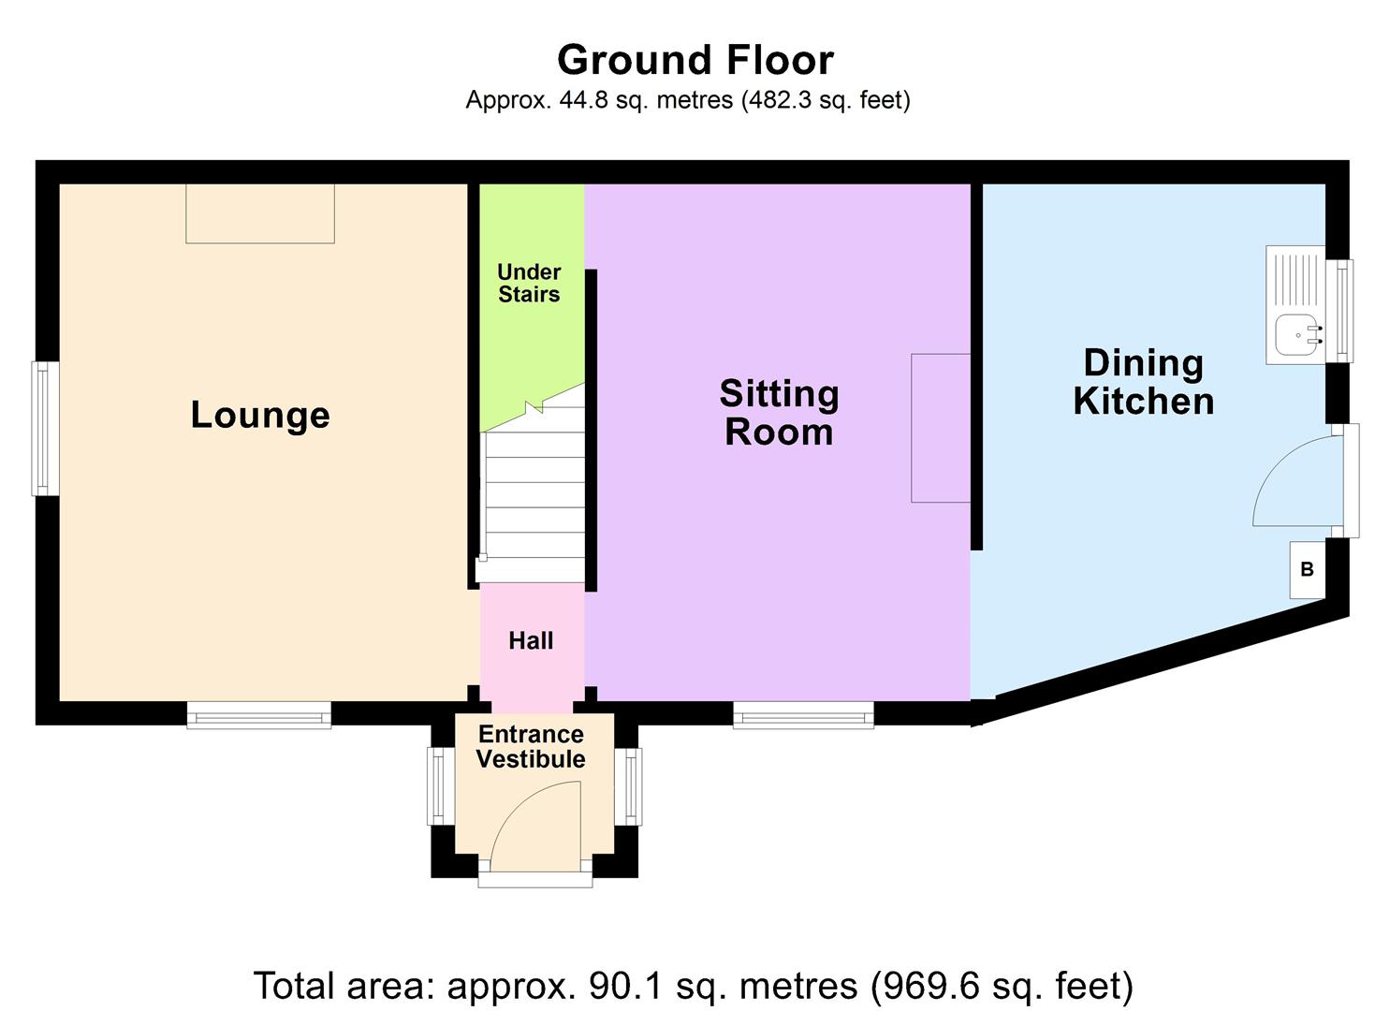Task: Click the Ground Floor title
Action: [x=695, y=60]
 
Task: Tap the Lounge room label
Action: [x=260, y=415]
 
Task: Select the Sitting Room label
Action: [x=779, y=413]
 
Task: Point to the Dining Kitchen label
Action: [x=1143, y=382]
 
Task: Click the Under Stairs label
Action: [x=529, y=283]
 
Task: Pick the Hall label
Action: [x=531, y=641]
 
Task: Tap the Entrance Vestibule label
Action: [x=531, y=747]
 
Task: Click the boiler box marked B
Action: [x=1307, y=569]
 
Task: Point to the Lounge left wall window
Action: [x=45, y=428]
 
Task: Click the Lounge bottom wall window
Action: [x=259, y=715]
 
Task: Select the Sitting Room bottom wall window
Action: [x=803, y=715]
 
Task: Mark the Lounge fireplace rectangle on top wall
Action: [x=260, y=213]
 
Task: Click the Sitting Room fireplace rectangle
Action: [x=941, y=428]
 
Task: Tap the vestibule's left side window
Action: [x=439, y=785]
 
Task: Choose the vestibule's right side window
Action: [x=630, y=785]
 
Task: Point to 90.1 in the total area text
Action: [x=617, y=986]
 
